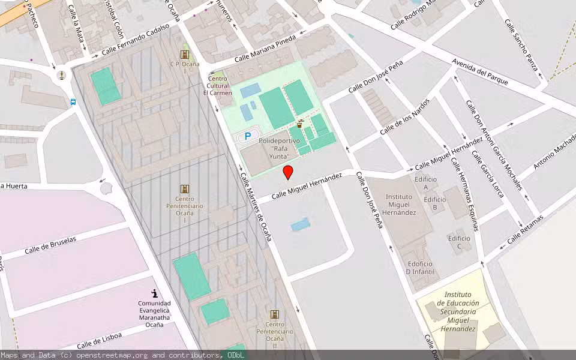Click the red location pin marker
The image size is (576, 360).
coord(288,173)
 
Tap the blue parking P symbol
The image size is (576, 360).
coord(247,137)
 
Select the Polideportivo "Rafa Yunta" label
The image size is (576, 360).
coord(279,148)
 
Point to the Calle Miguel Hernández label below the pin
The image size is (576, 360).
coord(307,185)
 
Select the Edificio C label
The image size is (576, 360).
coord(459,242)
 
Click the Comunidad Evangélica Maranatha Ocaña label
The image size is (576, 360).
coord(154,314)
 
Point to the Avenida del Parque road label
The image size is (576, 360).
coord(480,73)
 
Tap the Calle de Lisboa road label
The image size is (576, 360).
coord(99,340)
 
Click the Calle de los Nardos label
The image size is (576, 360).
coord(404,116)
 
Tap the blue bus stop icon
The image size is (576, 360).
coord(73,102)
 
